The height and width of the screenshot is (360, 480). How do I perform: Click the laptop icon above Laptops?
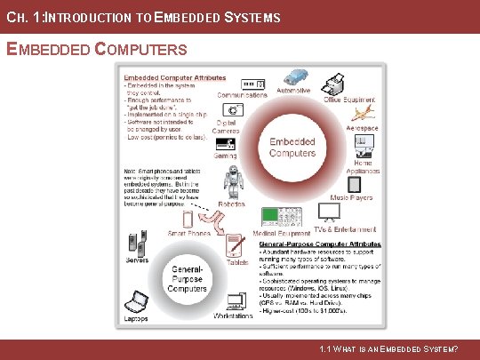pyautogui.click(x=135, y=302)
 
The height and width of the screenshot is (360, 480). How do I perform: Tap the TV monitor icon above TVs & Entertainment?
pyautogui.click(x=330, y=212)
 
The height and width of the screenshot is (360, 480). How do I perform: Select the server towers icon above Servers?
pyautogui.click(x=137, y=240)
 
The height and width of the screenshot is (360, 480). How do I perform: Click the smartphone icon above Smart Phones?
pyautogui.click(x=188, y=219)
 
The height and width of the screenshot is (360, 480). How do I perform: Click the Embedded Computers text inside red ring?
pyautogui.click(x=292, y=147)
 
